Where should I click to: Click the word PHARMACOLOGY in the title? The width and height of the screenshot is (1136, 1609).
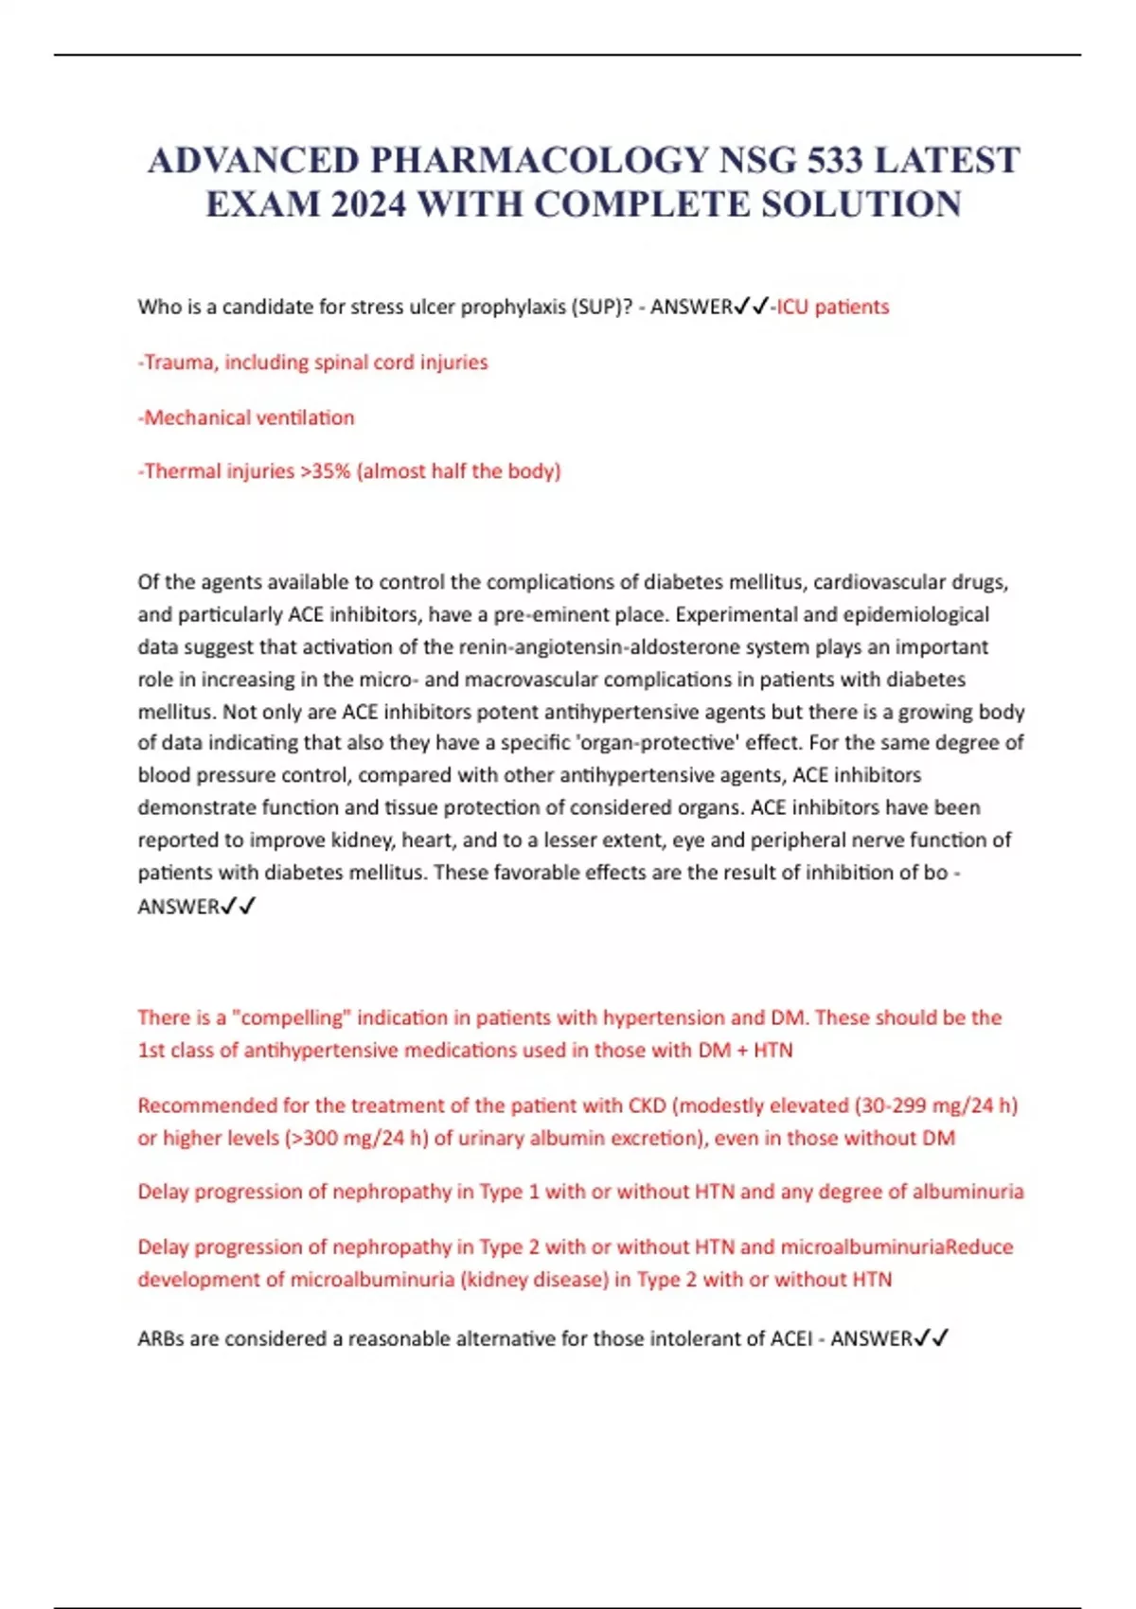[539, 160]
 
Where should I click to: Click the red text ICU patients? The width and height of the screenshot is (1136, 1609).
[833, 307]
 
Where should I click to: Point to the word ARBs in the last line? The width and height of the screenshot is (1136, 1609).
[160, 1338]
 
